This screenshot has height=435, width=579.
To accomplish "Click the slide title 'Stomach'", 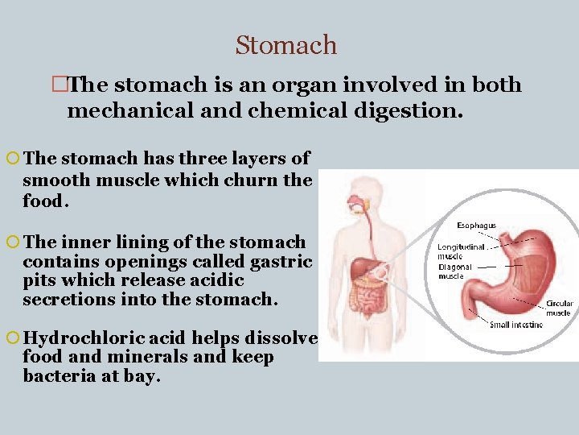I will (x=286, y=45).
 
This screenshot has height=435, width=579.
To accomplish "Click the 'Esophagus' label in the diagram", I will (x=476, y=226).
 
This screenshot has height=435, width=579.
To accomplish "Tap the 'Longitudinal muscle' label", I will (x=461, y=252).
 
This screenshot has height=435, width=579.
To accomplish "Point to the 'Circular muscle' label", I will (x=559, y=309).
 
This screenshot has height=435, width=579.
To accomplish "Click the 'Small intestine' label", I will (x=516, y=325).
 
